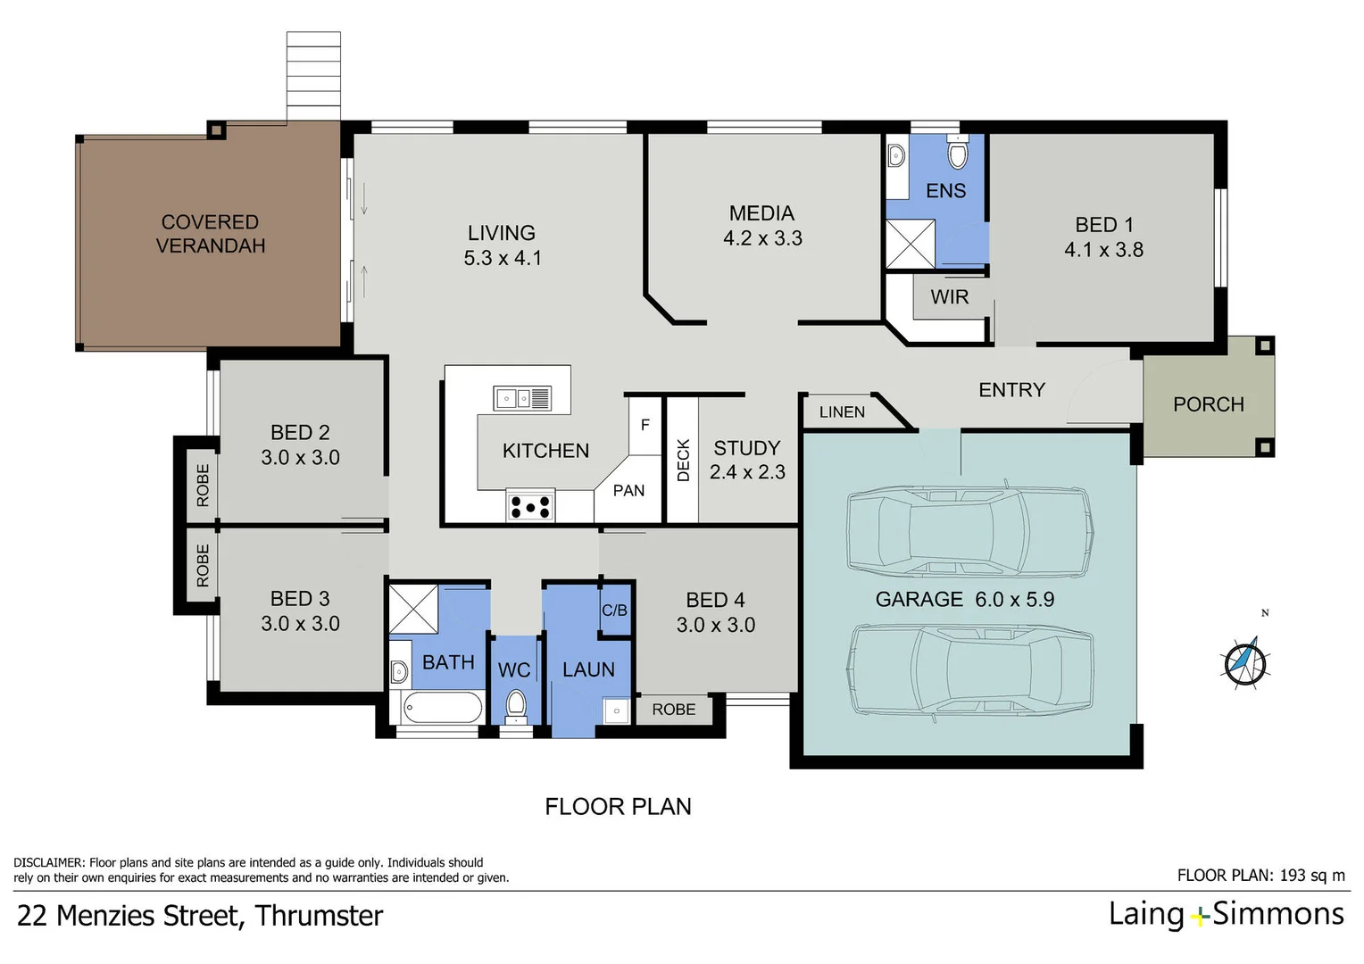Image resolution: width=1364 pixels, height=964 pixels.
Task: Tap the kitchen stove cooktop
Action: [530, 507]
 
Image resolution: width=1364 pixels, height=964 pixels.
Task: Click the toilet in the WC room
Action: [515, 706]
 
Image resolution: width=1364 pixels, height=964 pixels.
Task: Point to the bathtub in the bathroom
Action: [442, 709]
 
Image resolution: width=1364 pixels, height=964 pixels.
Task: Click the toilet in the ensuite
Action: [957, 154]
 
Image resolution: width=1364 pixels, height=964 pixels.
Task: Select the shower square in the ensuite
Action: [911, 245]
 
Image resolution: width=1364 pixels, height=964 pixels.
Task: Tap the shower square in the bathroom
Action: [413, 610]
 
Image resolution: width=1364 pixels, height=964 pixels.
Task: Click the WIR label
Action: [949, 297]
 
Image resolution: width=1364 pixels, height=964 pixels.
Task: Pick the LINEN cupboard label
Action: [842, 412]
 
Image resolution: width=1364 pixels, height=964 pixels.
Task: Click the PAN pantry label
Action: [628, 491]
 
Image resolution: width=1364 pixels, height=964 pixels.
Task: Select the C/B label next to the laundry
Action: [614, 611]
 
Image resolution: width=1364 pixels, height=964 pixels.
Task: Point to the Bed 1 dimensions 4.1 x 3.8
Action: [1103, 250]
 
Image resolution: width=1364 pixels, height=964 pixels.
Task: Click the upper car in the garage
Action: [969, 532]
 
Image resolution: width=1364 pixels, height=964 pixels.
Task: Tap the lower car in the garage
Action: [971, 670]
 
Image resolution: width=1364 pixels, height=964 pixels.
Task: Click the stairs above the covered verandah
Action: [313, 76]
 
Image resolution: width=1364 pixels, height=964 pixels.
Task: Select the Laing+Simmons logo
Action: [1226, 914]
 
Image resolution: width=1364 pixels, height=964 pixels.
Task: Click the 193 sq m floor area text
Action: [1311, 876]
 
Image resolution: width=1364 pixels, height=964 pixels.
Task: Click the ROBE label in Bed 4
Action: [673, 710]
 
